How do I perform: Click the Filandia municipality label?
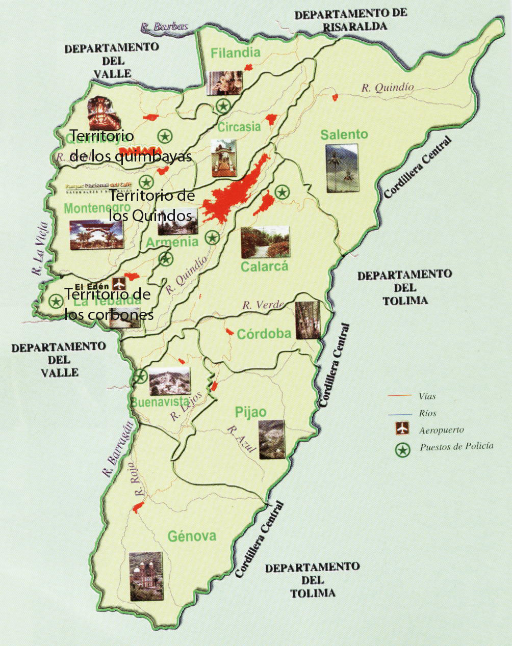(235, 52)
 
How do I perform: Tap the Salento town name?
(344, 134)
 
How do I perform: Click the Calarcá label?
(264, 266)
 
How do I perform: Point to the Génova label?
(192, 536)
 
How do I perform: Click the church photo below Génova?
(146, 576)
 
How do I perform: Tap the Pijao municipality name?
(250, 412)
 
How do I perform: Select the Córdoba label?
(264, 334)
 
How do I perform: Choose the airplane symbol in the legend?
(403, 429)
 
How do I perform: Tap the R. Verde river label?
(263, 305)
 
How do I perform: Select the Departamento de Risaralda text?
(350, 20)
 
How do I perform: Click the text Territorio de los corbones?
(108, 304)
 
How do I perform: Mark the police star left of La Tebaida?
(56, 301)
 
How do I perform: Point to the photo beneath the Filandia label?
(225, 83)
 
